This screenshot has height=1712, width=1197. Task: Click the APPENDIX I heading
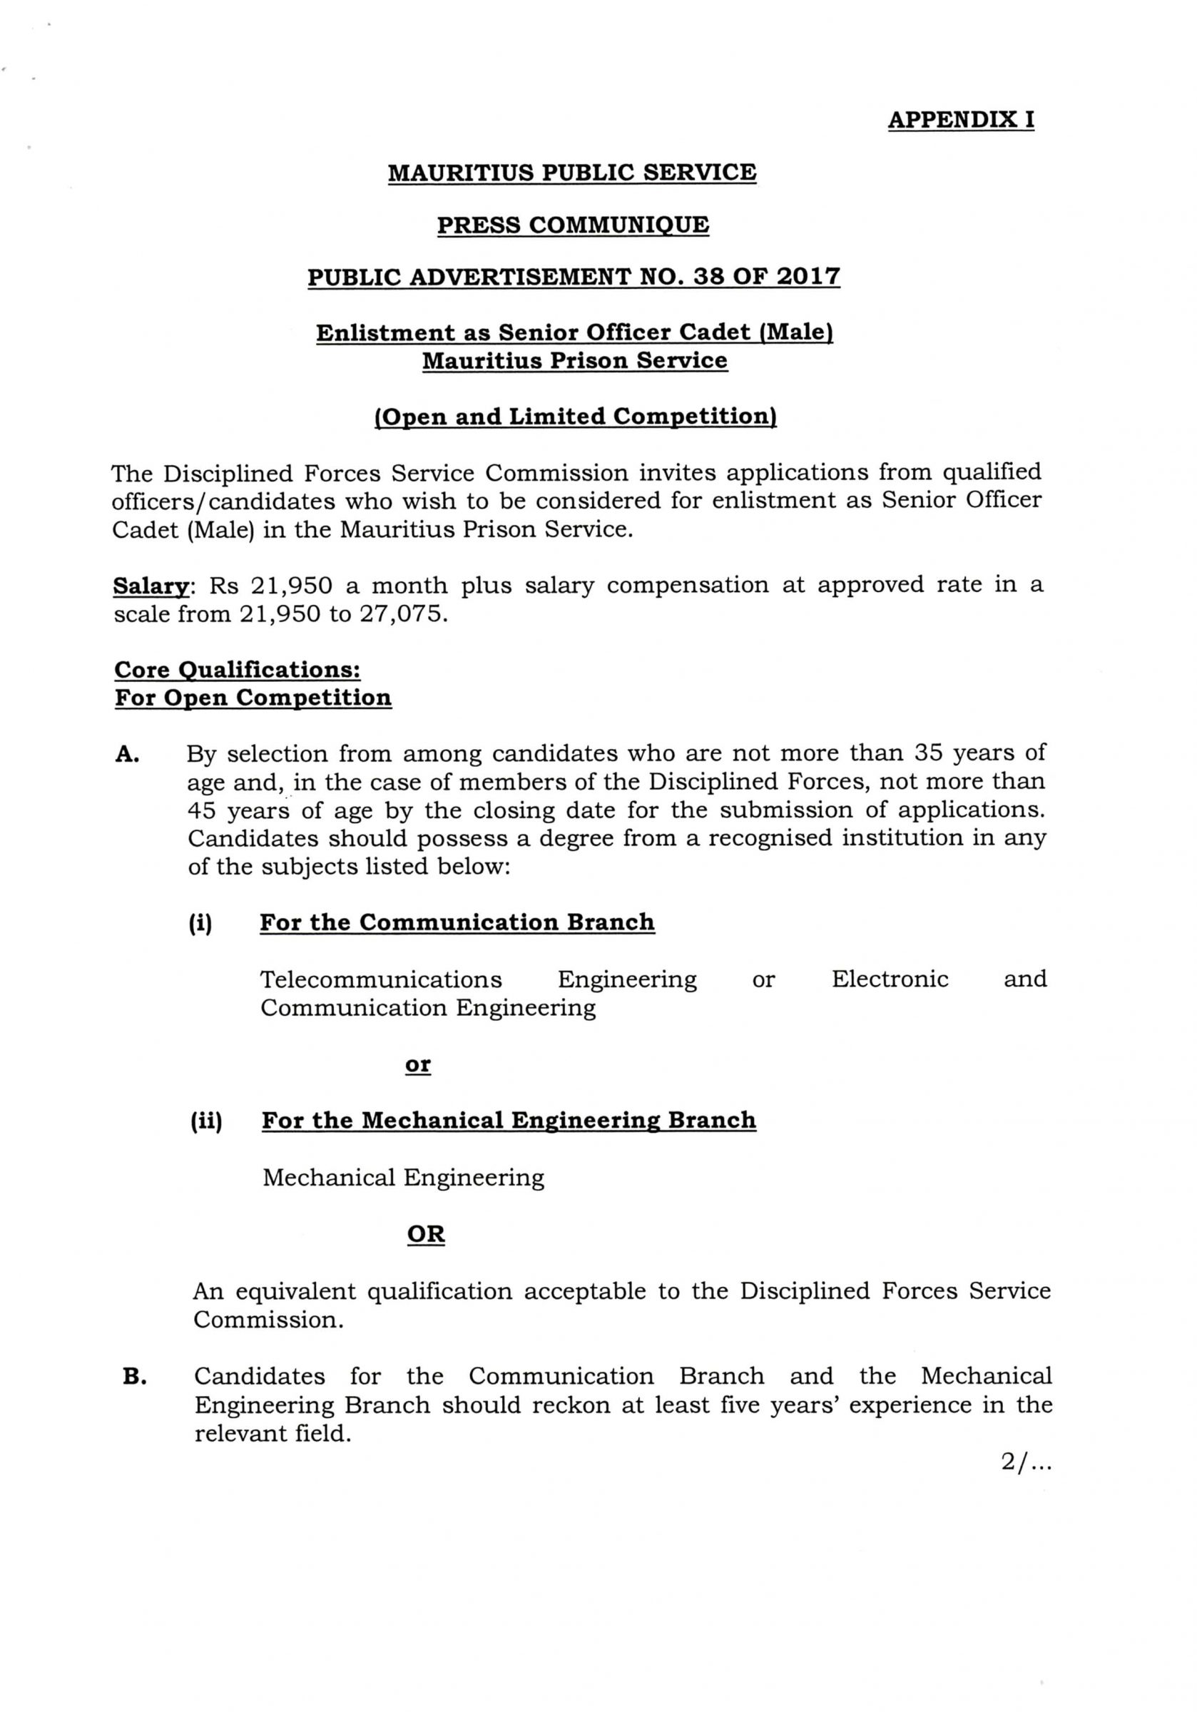(x=960, y=120)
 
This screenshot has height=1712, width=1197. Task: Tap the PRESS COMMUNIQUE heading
(x=572, y=225)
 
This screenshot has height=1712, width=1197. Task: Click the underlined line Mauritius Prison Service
(x=574, y=361)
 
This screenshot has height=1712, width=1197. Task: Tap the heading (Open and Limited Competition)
(x=574, y=416)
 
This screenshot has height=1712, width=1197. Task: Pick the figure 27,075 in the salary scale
(x=404, y=615)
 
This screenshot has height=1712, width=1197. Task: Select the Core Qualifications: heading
(x=237, y=670)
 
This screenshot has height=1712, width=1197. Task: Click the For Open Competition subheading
(x=253, y=698)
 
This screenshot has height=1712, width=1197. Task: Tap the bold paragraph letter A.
(x=128, y=755)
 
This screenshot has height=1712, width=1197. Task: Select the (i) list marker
(x=200, y=924)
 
